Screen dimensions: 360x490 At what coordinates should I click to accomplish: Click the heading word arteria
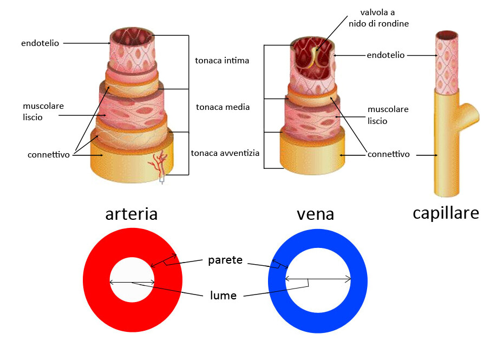click(132, 214)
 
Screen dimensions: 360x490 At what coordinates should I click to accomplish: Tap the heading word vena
click(315, 214)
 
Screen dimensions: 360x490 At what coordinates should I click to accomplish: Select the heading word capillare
click(446, 213)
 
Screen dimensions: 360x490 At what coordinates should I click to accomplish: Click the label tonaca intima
click(222, 61)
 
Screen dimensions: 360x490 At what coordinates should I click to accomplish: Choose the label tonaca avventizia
click(225, 153)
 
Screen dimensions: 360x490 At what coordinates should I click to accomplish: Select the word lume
click(223, 296)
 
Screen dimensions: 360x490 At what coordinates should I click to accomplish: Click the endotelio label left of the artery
click(41, 43)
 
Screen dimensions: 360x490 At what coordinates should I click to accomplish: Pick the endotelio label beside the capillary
click(386, 55)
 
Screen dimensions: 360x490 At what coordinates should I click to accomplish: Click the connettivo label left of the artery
click(49, 155)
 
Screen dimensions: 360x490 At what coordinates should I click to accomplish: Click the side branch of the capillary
click(469, 112)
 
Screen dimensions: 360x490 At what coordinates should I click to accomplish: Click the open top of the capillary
click(447, 35)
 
